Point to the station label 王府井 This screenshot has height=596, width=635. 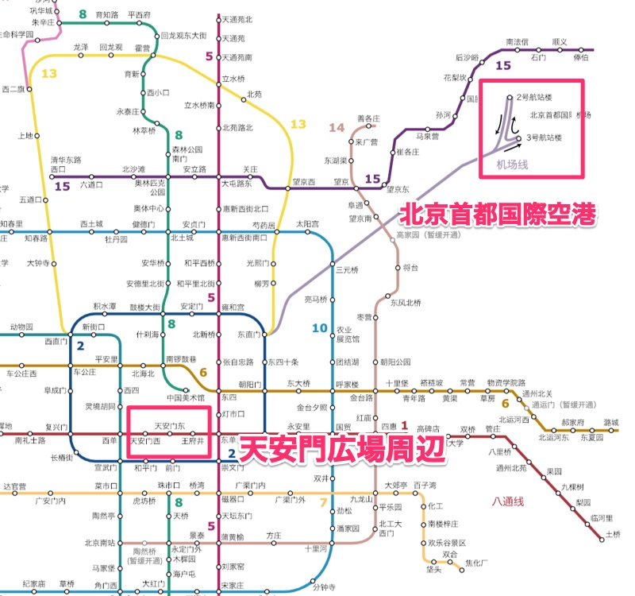[194, 439]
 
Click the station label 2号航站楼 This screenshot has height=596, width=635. [533, 97]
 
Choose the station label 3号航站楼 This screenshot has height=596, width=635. [544, 137]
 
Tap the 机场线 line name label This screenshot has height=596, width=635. [512, 164]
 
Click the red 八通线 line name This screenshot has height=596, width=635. [509, 501]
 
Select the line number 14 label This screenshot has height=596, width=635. [337, 127]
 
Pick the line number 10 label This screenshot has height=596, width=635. [319, 327]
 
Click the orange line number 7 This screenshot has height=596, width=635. [322, 501]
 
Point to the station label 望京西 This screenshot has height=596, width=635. [304, 181]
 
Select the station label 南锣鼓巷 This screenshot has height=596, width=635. [181, 359]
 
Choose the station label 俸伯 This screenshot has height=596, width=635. [581, 56]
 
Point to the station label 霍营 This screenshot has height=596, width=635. [143, 48]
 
